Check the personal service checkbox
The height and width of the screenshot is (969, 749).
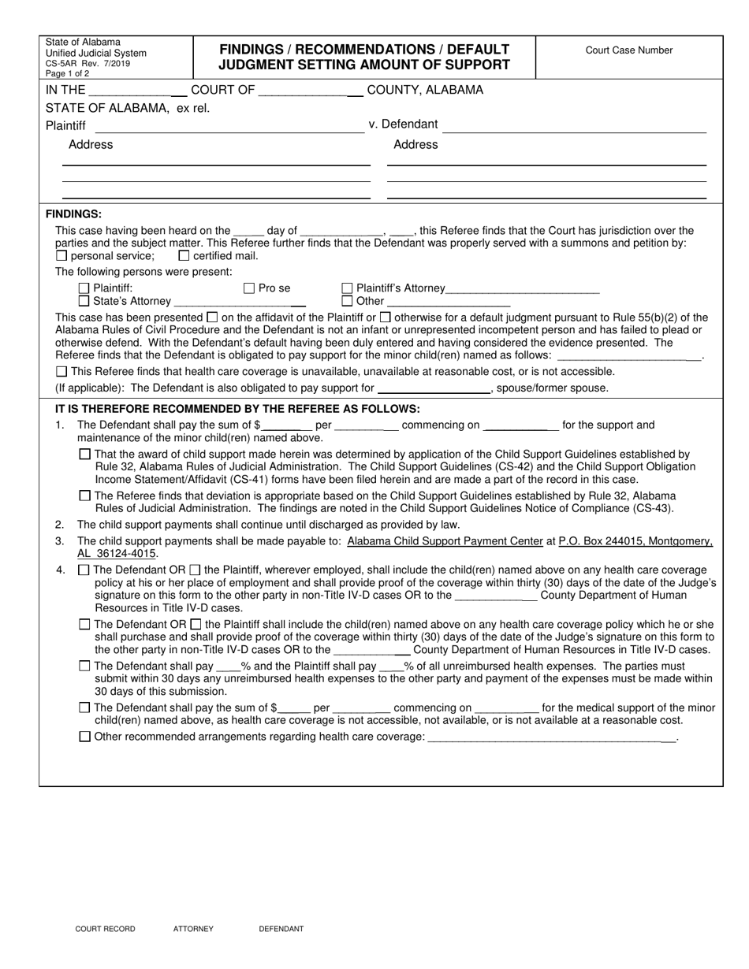pos(62,256)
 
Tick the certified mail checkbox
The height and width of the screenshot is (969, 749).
pos(184,256)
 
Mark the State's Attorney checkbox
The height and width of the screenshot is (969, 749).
pos(84,301)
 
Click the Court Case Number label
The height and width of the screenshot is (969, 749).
pos(628,50)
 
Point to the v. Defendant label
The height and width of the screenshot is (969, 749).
pos(403,124)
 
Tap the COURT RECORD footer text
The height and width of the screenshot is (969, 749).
pos(105,929)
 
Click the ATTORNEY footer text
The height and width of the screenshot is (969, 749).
pos(193,929)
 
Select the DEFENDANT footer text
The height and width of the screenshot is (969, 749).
pos(281,929)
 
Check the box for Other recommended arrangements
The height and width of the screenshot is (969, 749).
pos(85,737)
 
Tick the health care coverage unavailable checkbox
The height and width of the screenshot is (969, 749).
pos(62,372)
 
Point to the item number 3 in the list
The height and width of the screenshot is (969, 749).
pos(59,541)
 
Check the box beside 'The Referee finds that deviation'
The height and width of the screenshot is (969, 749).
pos(85,496)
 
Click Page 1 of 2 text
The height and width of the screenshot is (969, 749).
pos(68,72)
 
